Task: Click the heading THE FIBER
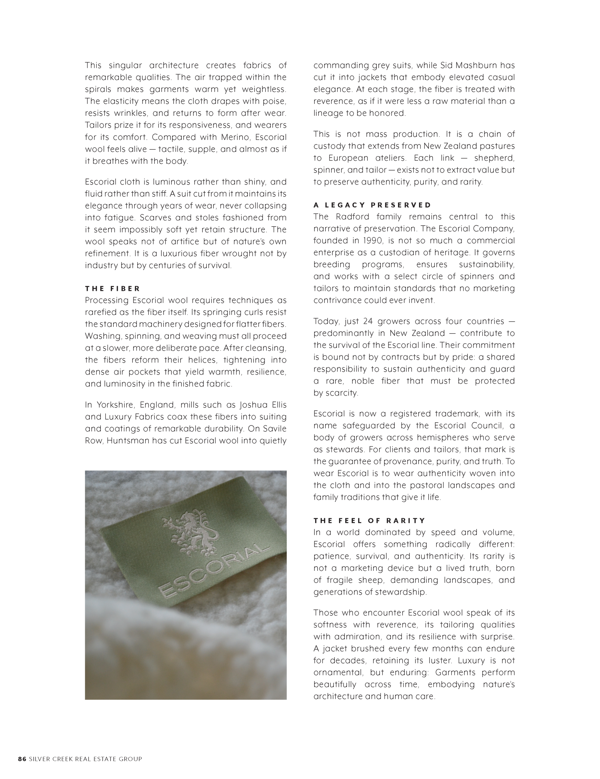[112, 288]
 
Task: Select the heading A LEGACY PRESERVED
[372, 205]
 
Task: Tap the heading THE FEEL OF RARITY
[369, 520]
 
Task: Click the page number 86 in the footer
[22, 759]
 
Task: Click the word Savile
[275, 429]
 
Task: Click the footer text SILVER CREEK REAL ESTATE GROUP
[85, 759]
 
